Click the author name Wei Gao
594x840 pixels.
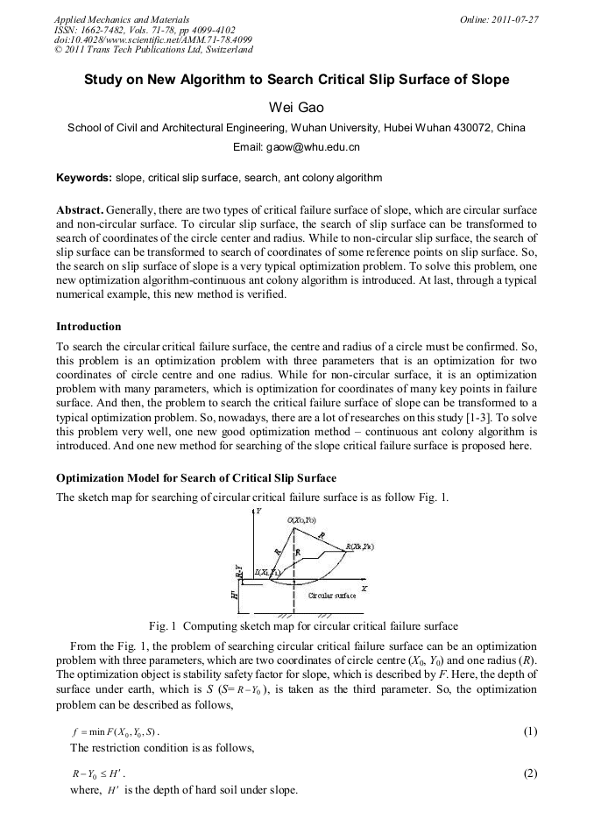tap(296, 107)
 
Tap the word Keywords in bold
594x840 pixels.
tap(83, 178)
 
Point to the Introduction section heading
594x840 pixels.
tap(88, 327)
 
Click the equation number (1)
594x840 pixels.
tap(529, 731)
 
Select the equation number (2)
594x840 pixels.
tap(529, 773)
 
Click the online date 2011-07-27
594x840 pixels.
tap(517, 19)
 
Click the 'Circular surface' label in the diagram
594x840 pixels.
tap(331, 595)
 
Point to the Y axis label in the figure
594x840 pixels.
tap(258, 510)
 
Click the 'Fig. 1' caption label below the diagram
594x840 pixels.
tap(162, 626)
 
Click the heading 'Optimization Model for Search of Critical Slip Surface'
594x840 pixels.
tap(196, 478)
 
